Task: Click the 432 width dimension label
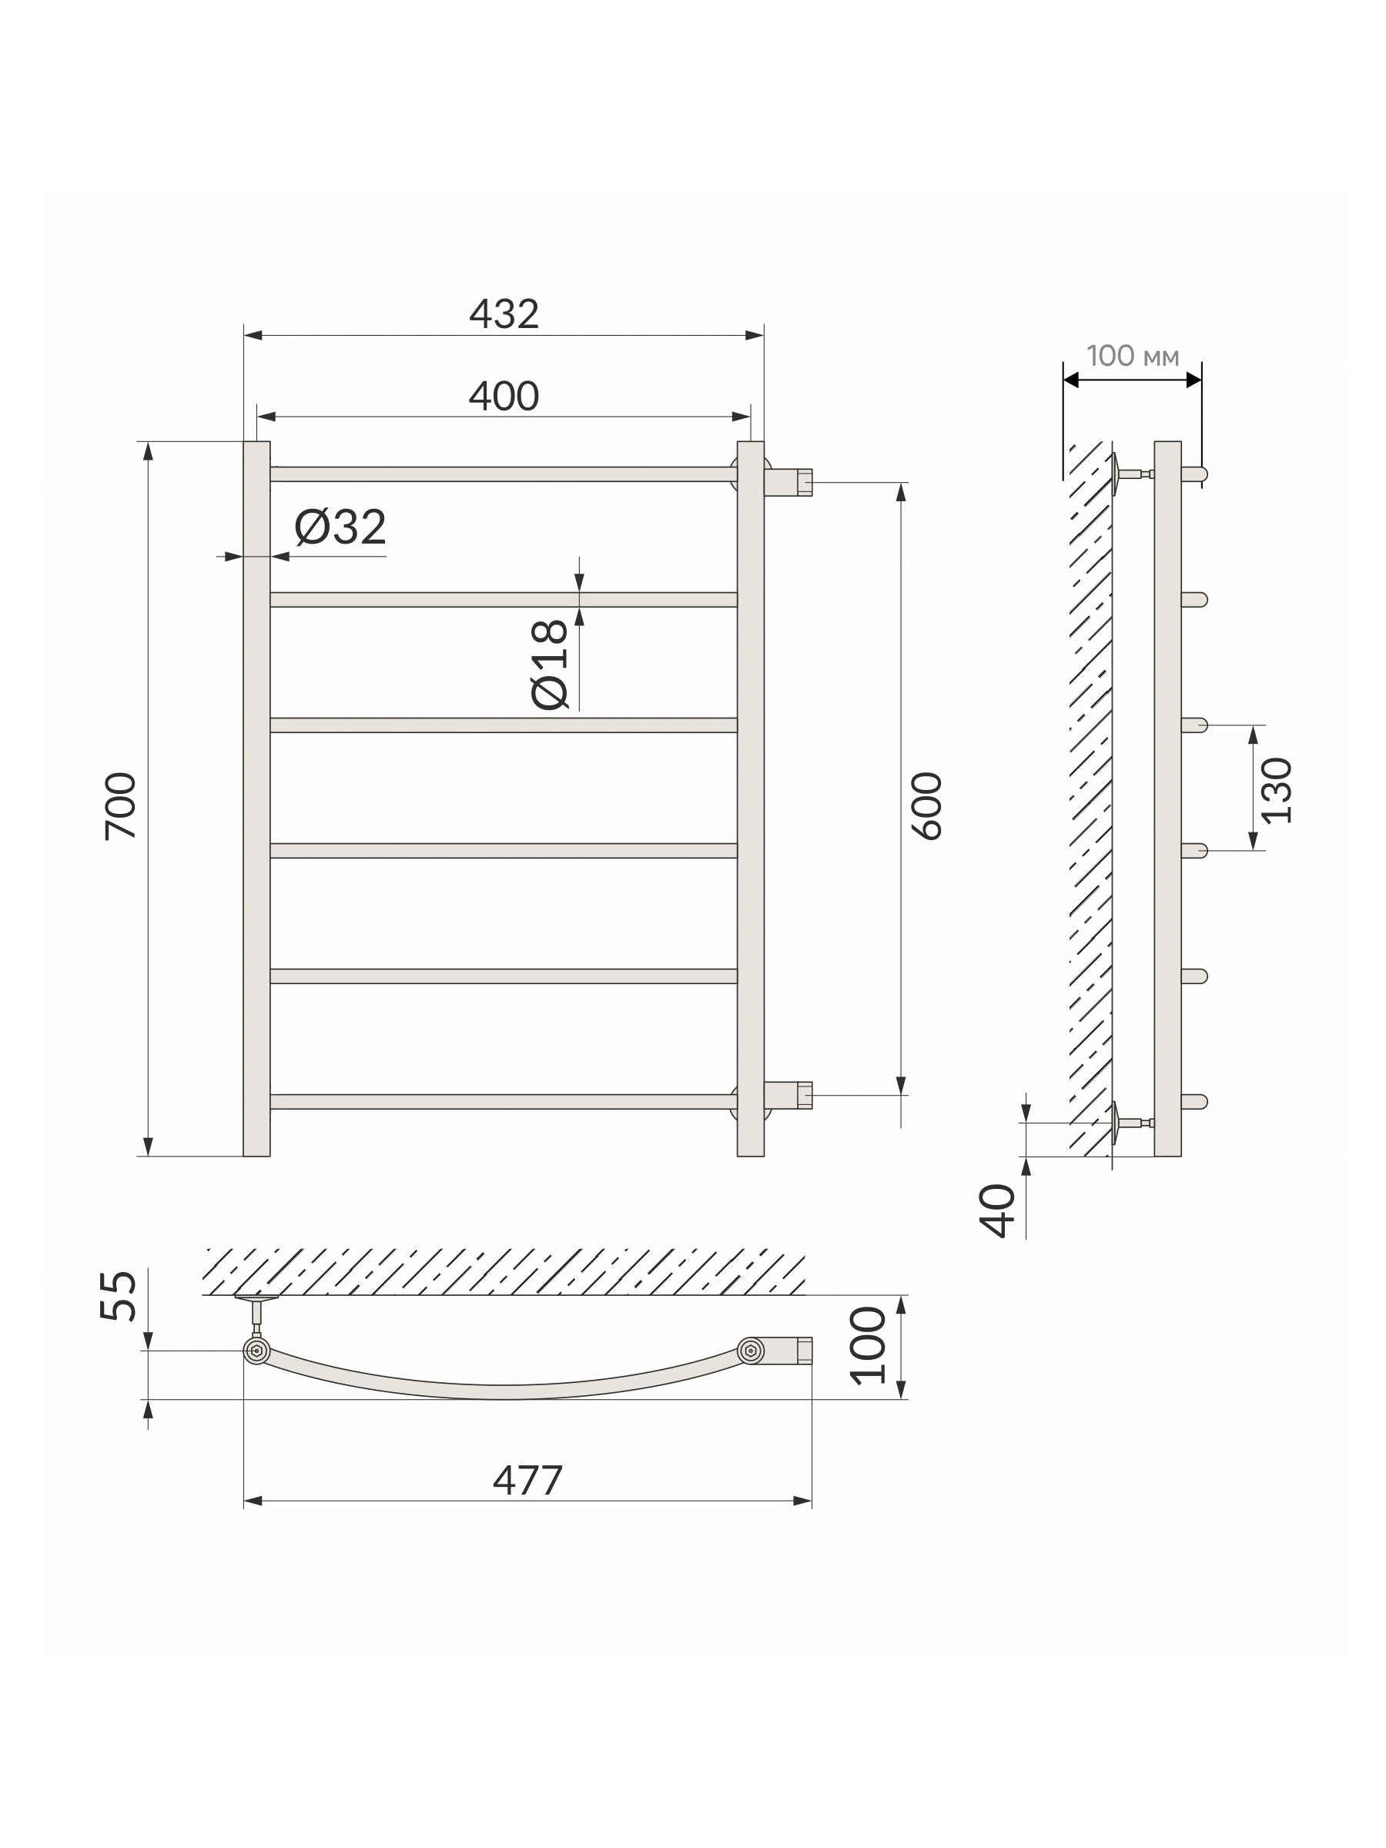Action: tap(504, 314)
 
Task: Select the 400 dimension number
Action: tap(504, 396)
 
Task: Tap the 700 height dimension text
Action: tap(121, 806)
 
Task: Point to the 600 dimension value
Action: tap(926, 806)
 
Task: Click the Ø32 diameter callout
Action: tap(340, 527)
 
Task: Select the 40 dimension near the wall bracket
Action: tap(999, 1210)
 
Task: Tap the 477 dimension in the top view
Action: tap(527, 1481)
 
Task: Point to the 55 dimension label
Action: tap(119, 1296)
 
